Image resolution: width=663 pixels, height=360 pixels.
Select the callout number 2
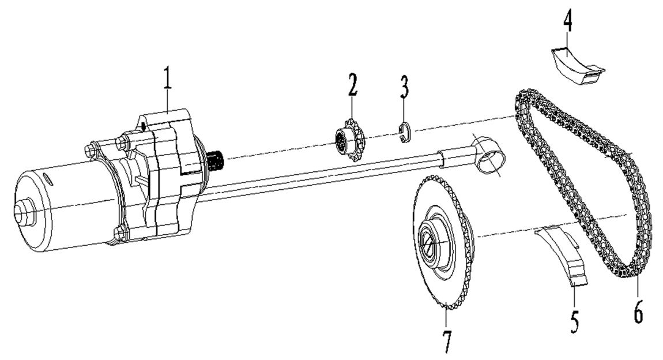pos(352,84)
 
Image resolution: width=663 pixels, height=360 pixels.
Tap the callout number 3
pos(405,89)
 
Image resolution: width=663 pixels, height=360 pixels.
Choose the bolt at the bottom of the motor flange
pos(120,233)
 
